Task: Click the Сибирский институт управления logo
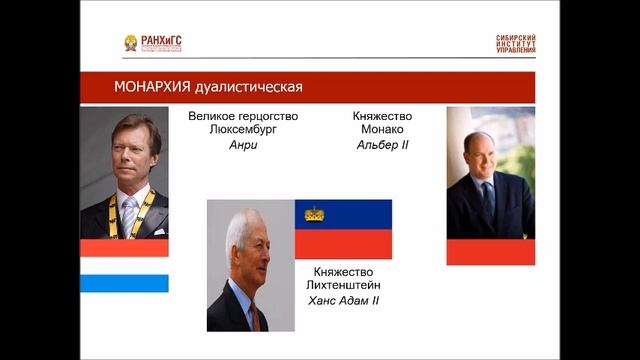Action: (x=514, y=44)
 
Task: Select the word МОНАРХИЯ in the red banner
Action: (x=119, y=87)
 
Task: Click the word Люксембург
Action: (x=243, y=130)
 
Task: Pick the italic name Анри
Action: (x=243, y=145)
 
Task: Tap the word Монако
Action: (x=383, y=130)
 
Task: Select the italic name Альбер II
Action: (x=383, y=145)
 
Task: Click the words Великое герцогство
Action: (x=243, y=116)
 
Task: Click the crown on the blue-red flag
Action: (x=314, y=213)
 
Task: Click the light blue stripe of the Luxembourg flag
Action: (x=124, y=283)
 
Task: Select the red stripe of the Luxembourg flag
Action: (x=124, y=247)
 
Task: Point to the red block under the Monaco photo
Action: (x=490, y=251)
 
